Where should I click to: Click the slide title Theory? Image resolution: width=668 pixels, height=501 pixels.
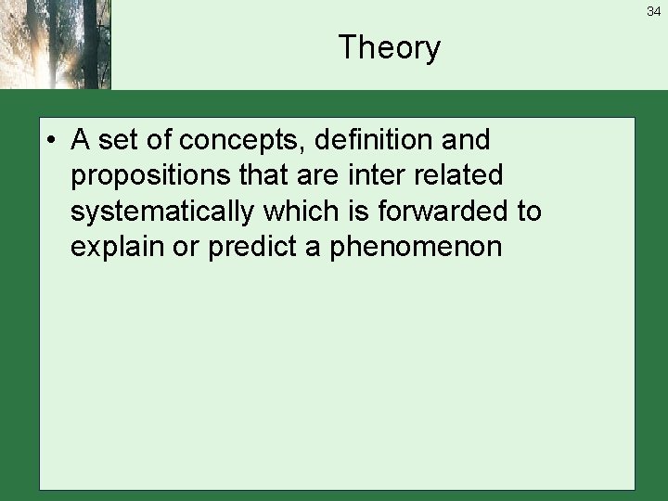pyautogui.click(x=389, y=47)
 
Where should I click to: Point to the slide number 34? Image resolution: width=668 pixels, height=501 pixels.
pyautogui.click(x=654, y=11)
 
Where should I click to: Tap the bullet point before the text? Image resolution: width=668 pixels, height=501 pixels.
pyautogui.click(x=57, y=141)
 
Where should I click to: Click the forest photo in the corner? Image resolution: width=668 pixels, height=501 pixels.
pyautogui.click(x=55, y=45)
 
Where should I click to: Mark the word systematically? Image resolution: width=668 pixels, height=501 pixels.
pyautogui.click(x=161, y=212)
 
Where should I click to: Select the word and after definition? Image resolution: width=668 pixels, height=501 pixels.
pyautogui.click(x=467, y=140)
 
